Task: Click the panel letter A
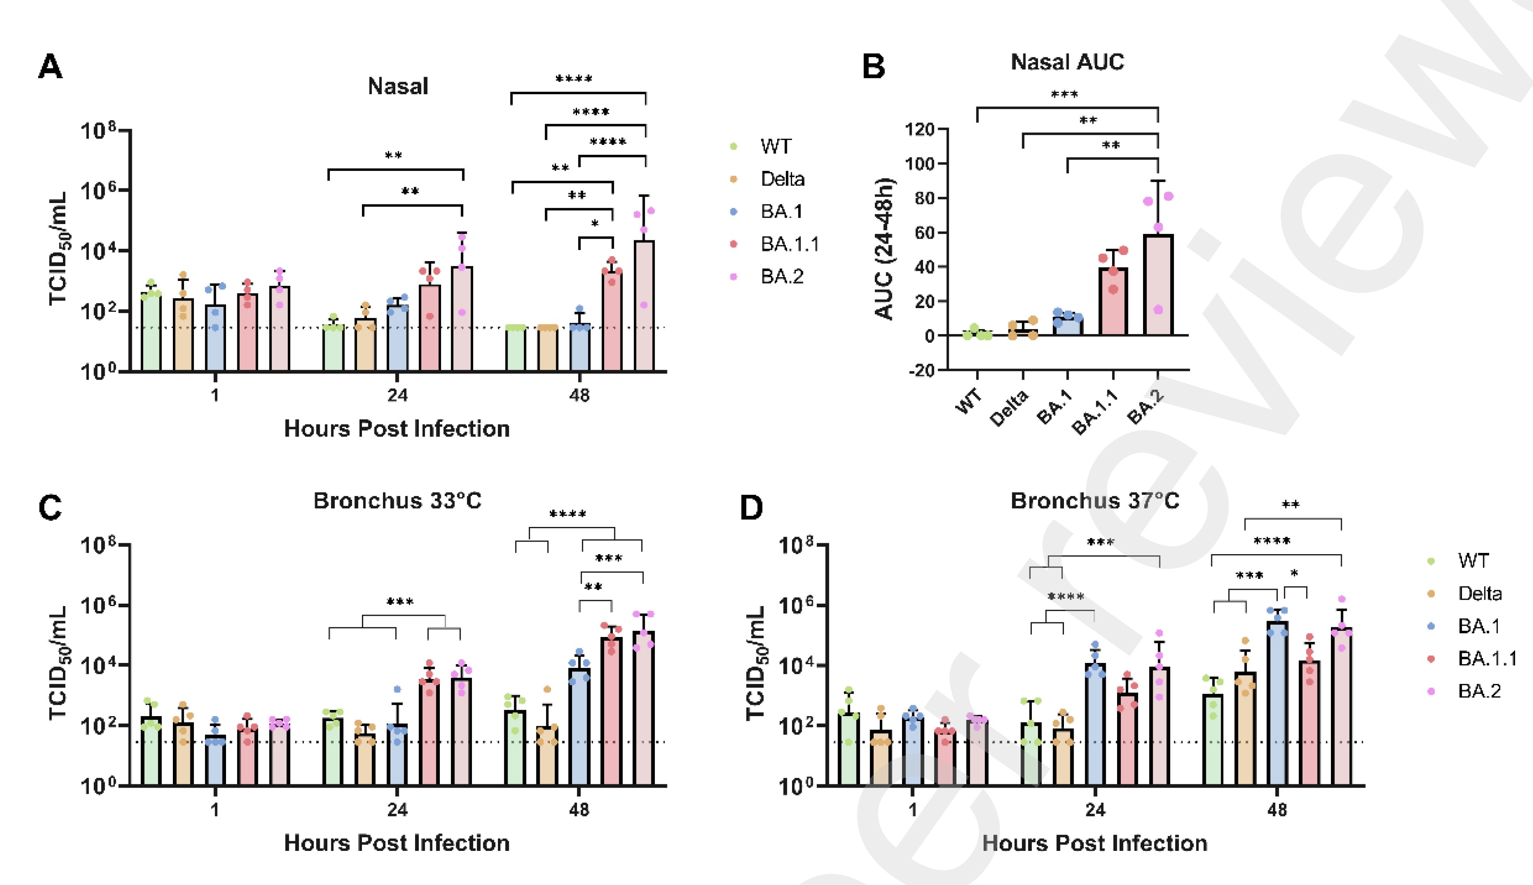50,67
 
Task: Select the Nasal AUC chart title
1067,62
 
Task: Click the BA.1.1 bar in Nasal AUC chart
1113,301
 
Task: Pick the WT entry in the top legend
775,147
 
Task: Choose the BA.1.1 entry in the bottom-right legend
1487,658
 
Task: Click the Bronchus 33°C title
397,501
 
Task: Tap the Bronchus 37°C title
1094,501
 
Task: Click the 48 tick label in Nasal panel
579,396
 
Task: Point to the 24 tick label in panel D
1094,810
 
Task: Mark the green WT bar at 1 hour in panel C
151,751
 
